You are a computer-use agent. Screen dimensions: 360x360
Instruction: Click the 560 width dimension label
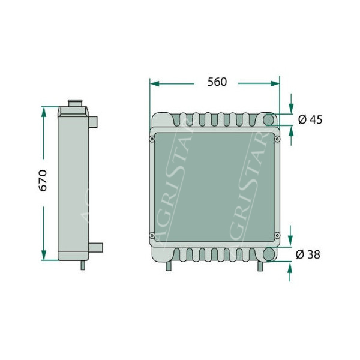[x=217, y=82]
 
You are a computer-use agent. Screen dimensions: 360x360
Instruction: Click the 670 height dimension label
[x=43, y=181]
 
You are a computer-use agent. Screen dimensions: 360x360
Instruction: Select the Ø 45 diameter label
[x=310, y=119]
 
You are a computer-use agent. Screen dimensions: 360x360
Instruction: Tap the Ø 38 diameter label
[x=308, y=254]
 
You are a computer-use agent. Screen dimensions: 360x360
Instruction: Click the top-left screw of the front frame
[x=152, y=139]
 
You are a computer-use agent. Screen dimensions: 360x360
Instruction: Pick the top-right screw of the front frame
[x=277, y=139]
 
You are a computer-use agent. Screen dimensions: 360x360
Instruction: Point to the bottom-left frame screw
[x=152, y=235]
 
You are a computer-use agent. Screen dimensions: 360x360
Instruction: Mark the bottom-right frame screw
[x=277, y=235]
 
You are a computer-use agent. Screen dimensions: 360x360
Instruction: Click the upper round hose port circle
[x=268, y=119]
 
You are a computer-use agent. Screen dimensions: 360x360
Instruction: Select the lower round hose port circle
[x=268, y=254]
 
